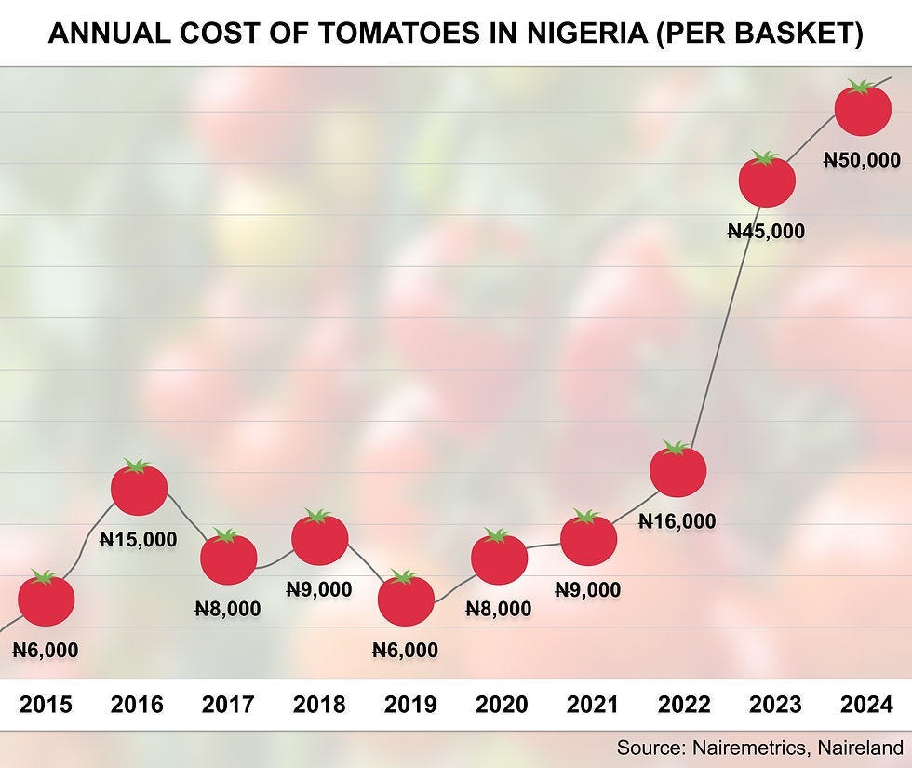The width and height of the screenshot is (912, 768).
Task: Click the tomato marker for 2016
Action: click(x=139, y=488)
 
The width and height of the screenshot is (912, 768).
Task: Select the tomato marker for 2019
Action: click(x=406, y=600)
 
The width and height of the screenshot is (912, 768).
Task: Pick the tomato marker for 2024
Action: click(x=863, y=109)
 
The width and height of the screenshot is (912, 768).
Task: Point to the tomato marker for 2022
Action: click(x=677, y=470)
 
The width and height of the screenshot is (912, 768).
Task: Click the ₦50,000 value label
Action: click(x=862, y=160)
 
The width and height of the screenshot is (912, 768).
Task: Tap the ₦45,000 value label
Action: click(x=766, y=232)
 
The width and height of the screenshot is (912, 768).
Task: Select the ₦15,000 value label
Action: click(x=138, y=539)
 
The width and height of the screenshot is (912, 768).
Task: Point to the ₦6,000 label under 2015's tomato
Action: click(x=46, y=651)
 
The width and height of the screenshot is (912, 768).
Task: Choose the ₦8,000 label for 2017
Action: click(x=228, y=609)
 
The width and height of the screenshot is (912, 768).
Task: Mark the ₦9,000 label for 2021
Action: click(x=587, y=589)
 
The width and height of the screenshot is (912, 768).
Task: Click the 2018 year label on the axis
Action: click(x=319, y=705)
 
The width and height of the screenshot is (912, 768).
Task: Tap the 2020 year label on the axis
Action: click(x=502, y=705)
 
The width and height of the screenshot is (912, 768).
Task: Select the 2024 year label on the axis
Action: click(x=866, y=705)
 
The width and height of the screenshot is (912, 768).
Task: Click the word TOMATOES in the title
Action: click(x=392, y=34)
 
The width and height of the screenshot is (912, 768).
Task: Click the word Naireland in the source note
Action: click(x=858, y=747)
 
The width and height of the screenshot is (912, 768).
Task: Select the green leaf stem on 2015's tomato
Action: click(x=45, y=577)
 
